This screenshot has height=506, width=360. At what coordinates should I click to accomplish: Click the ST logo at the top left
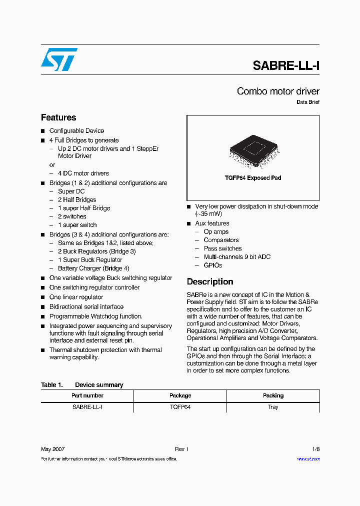click(59, 59)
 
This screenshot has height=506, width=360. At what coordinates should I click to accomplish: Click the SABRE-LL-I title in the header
click(285, 65)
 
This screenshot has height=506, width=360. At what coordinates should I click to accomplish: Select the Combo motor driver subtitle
click(278, 91)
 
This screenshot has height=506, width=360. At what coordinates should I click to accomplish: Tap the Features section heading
click(58, 117)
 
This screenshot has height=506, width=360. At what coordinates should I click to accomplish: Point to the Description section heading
click(210, 281)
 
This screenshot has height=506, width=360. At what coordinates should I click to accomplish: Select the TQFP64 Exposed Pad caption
click(253, 178)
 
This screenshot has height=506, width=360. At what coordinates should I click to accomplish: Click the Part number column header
click(87, 395)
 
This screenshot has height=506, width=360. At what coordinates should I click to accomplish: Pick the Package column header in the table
click(180, 395)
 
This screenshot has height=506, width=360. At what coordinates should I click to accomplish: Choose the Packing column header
click(273, 395)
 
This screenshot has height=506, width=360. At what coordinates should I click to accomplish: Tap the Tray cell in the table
click(273, 407)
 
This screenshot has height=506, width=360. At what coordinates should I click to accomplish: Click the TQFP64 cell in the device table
click(180, 407)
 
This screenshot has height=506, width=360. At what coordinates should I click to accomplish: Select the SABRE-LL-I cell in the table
click(87, 407)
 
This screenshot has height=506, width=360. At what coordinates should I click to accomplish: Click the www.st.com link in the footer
click(308, 458)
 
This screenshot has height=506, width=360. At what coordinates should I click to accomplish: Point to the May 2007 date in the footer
click(52, 449)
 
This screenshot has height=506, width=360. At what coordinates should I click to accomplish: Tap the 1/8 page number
click(315, 449)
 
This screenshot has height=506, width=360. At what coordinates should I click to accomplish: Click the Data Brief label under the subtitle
click(308, 102)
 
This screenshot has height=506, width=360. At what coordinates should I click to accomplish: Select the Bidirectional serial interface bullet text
click(86, 306)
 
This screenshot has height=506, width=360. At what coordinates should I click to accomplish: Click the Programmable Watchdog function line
click(95, 316)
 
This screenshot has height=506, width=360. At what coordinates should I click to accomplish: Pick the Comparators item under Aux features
click(221, 240)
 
